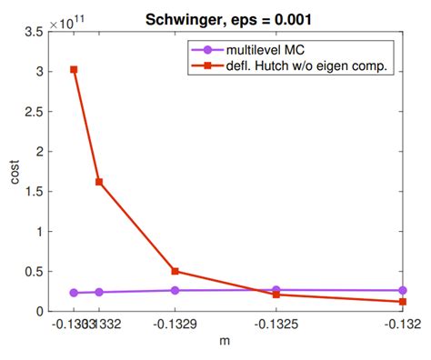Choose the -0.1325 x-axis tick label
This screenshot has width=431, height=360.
[x=276, y=325]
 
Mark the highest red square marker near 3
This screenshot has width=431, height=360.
[x=74, y=69]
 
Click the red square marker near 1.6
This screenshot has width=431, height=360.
[x=99, y=182]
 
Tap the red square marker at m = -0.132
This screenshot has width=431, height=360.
[x=403, y=302]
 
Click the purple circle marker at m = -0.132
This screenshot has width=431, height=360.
[x=403, y=290]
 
